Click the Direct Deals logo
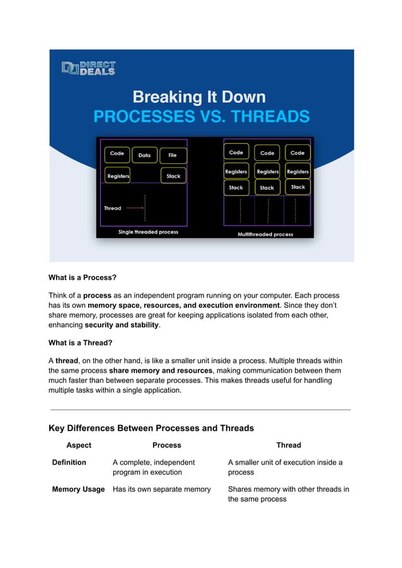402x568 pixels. (x=88, y=68)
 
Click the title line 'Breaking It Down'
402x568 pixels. (x=198, y=97)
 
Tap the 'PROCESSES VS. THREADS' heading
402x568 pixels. (x=201, y=117)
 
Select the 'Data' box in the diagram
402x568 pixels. (x=144, y=155)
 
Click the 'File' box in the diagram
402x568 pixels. (x=172, y=155)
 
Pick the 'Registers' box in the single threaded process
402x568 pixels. (x=118, y=176)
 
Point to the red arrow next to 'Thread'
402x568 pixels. (x=134, y=207)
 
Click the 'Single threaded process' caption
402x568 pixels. (x=148, y=232)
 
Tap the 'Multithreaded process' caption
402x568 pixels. (x=265, y=234)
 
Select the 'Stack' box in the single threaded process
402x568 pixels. (x=173, y=176)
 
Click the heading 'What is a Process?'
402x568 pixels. (x=83, y=277)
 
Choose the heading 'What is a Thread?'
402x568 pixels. (x=81, y=343)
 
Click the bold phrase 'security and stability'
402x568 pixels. (x=122, y=325)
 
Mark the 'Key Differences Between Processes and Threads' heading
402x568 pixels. (x=151, y=428)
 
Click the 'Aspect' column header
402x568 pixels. (x=79, y=445)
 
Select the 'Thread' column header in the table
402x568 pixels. (x=289, y=445)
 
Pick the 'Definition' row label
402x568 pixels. (x=69, y=463)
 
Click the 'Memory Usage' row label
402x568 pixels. (x=78, y=489)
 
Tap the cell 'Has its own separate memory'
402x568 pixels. (x=161, y=489)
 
